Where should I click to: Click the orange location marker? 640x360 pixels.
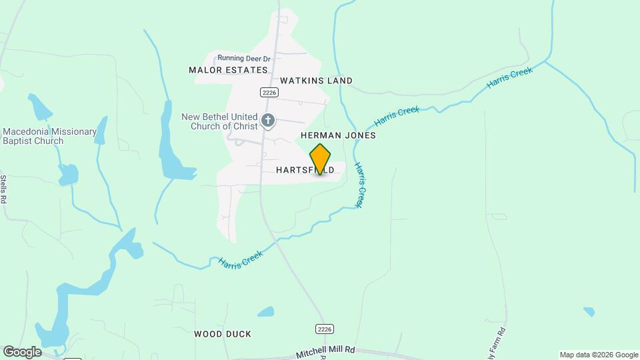(320, 159)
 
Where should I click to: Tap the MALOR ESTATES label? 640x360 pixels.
(228, 70)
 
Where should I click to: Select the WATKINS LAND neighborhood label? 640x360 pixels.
(316, 81)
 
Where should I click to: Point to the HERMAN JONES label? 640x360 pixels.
(338, 135)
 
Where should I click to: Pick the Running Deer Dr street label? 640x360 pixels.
(239, 59)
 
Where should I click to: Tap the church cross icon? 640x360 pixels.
(267, 121)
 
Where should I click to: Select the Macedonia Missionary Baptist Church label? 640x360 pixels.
(50, 136)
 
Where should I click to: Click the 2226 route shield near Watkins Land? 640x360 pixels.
(269, 92)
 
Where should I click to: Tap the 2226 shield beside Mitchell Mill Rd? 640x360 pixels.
(324, 329)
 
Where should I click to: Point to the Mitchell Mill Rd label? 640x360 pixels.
(326, 350)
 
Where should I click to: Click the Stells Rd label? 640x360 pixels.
(3, 189)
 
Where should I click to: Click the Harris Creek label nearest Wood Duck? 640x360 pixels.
(241, 257)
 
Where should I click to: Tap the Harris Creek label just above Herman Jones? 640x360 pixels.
(397, 116)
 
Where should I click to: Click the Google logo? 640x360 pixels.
(22, 351)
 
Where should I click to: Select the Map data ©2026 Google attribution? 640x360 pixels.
(599, 355)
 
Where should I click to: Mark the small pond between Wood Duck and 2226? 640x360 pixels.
(265, 311)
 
